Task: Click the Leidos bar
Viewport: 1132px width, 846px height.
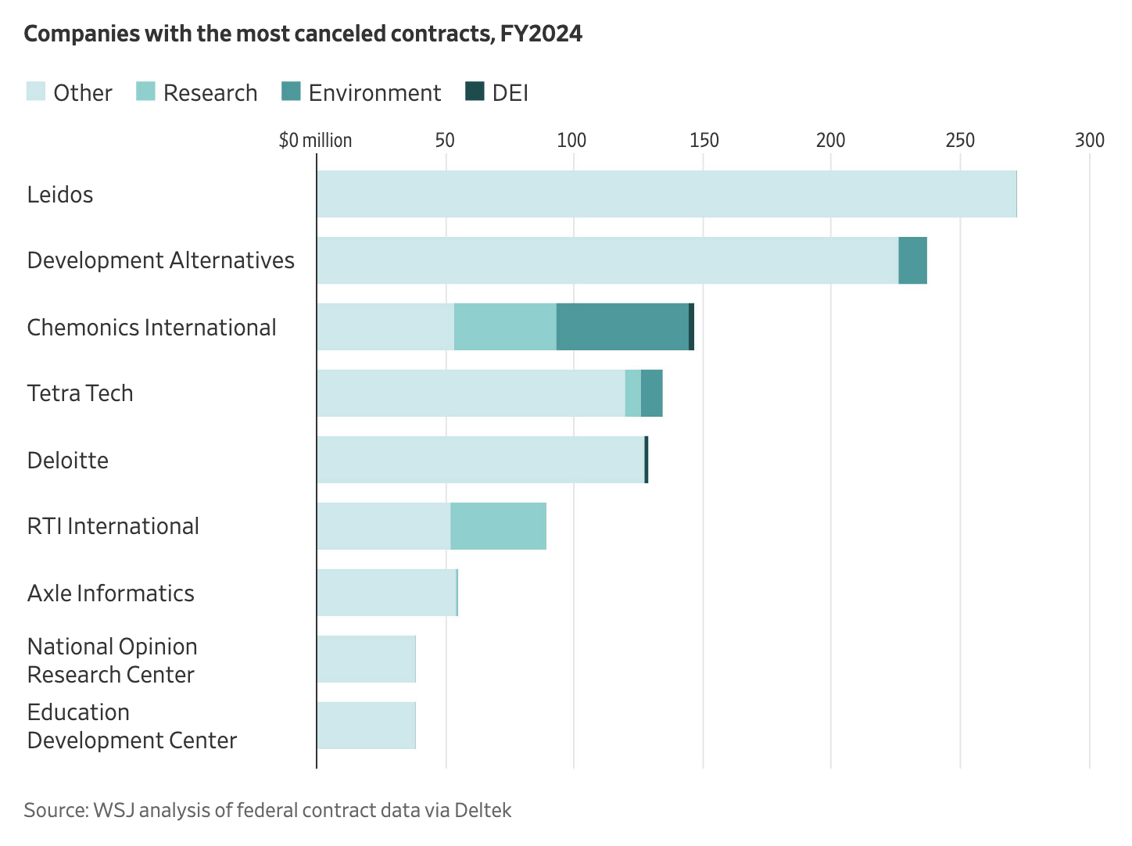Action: pyautogui.click(x=666, y=194)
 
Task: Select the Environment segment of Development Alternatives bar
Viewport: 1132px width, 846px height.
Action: pyautogui.click(x=912, y=260)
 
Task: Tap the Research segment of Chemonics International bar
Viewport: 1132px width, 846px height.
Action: pyautogui.click(x=505, y=327)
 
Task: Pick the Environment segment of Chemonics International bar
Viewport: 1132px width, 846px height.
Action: pyautogui.click(x=622, y=327)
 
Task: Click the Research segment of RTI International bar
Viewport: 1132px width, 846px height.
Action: pyautogui.click(x=498, y=526)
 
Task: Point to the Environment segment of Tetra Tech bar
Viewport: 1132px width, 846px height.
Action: pyautogui.click(x=651, y=393)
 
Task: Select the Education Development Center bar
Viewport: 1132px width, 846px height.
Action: pyautogui.click(x=366, y=726)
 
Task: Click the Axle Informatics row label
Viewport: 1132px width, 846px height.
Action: pyautogui.click(x=110, y=593)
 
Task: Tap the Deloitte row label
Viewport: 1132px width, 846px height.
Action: pyautogui.click(x=68, y=460)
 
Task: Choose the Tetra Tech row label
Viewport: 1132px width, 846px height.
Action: pyautogui.click(x=80, y=393)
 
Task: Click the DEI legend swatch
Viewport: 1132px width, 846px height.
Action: pyautogui.click(x=475, y=91)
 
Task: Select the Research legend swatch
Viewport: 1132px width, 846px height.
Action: pyautogui.click(x=146, y=91)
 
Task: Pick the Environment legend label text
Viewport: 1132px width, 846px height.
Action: pyautogui.click(x=374, y=93)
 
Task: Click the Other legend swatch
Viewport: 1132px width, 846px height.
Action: pyautogui.click(x=36, y=91)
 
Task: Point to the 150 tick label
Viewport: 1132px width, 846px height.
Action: pyautogui.click(x=704, y=140)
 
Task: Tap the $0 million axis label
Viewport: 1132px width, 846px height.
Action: pyautogui.click(x=315, y=140)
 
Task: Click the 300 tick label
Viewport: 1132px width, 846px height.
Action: pyautogui.click(x=1089, y=140)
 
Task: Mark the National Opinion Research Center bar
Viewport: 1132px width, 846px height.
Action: pyautogui.click(x=366, y=659)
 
